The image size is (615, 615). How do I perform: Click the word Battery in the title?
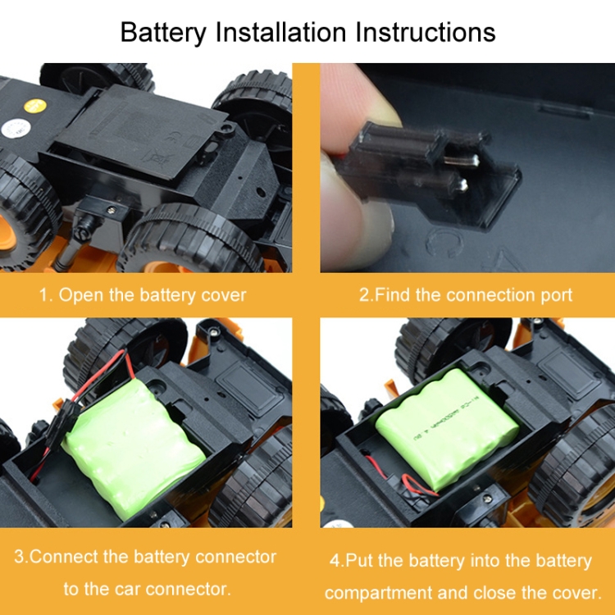click(x=163, y=33)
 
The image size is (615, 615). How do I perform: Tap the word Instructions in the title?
click(x=426, y=32)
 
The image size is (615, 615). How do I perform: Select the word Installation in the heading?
click(x=280, y=32)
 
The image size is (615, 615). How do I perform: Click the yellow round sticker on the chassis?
click(x=35, y=106)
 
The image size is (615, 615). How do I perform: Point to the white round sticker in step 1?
click(x=16, y=128)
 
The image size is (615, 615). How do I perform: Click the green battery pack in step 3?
click(x=134, y=447)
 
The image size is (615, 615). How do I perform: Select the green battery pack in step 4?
click(x=447, y=429)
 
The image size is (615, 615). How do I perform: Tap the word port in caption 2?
click(x=557, y=296)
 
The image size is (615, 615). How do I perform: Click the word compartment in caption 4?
click(x=378, y=594)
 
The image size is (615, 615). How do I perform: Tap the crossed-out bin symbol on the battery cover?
click(x=156, y=157)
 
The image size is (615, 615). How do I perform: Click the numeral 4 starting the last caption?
click(x=335, y=561)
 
